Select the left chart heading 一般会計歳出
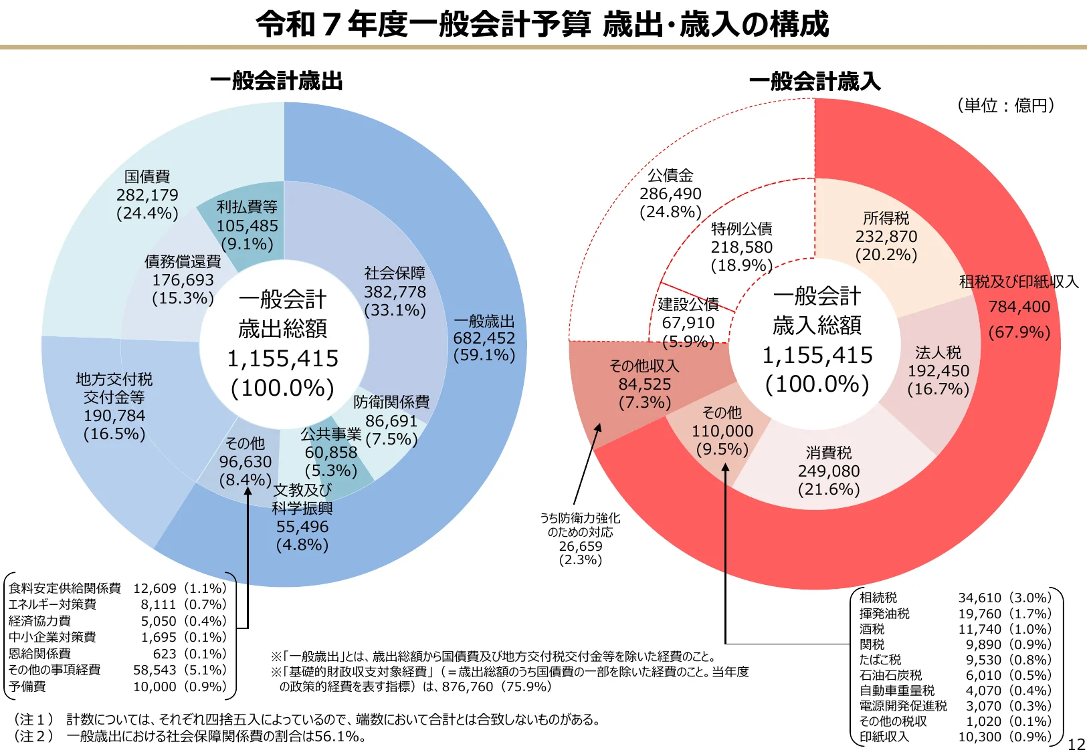point(276,81)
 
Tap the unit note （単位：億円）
point(1005,105)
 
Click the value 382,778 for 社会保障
point(395,292)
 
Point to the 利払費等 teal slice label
point(247,207)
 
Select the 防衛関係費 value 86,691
point(391,421)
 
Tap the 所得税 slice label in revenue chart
point(886,219)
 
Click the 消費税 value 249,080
point(829,471)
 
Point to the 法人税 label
point(938,353)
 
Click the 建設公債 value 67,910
point(688,323)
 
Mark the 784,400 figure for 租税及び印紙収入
point(1019,307)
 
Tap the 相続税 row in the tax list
point(878,598)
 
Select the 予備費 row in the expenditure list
point(27,686)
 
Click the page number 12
point(1076,744)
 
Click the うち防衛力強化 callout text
point(580,518)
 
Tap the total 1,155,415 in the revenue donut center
point(817,355)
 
